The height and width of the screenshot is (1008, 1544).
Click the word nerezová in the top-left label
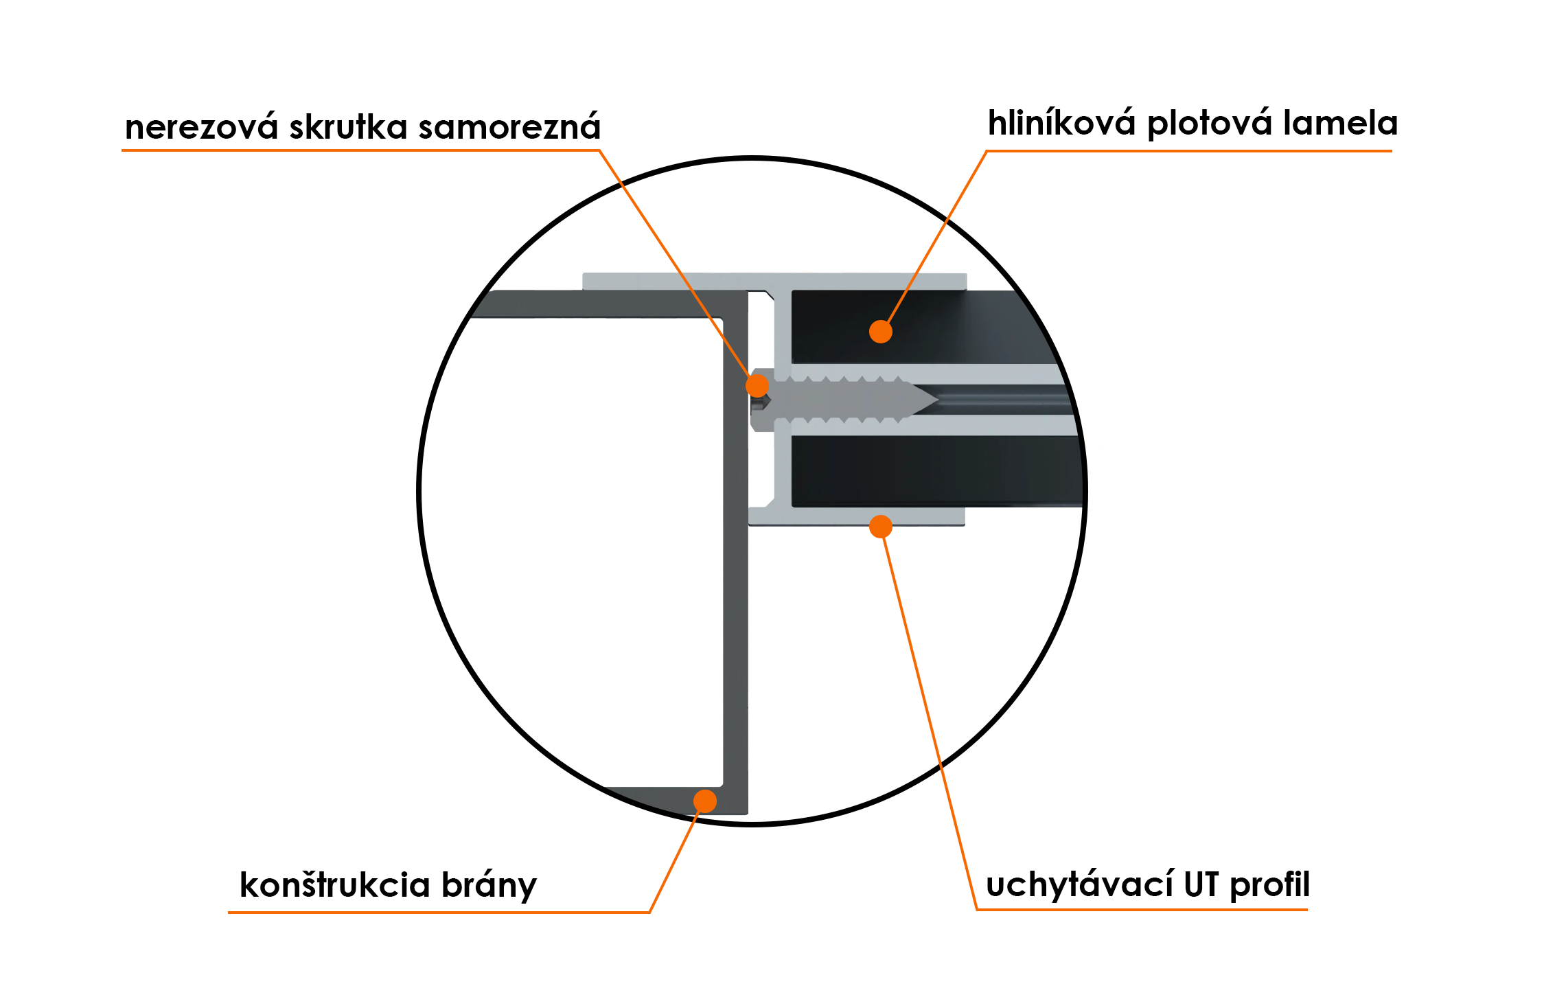[x=200, y=128]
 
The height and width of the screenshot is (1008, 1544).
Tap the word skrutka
[x=348, y=128]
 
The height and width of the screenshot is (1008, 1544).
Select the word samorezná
[x=509, y=128]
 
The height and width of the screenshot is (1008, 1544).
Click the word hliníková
[x=1061, y=124]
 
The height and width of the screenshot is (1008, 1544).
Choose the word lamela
[x=1340, y=124]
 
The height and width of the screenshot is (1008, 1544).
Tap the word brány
[x=489, y=886]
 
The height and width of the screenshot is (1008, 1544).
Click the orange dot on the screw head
[x=757, y=386]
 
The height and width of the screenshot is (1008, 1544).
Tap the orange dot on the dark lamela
[x=881, y=332]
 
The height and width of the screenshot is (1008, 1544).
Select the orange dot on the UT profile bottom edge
[x=881, y=527]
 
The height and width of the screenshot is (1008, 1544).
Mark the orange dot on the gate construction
[x=705, y=801]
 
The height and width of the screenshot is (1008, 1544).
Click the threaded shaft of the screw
[x=844, y=399]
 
